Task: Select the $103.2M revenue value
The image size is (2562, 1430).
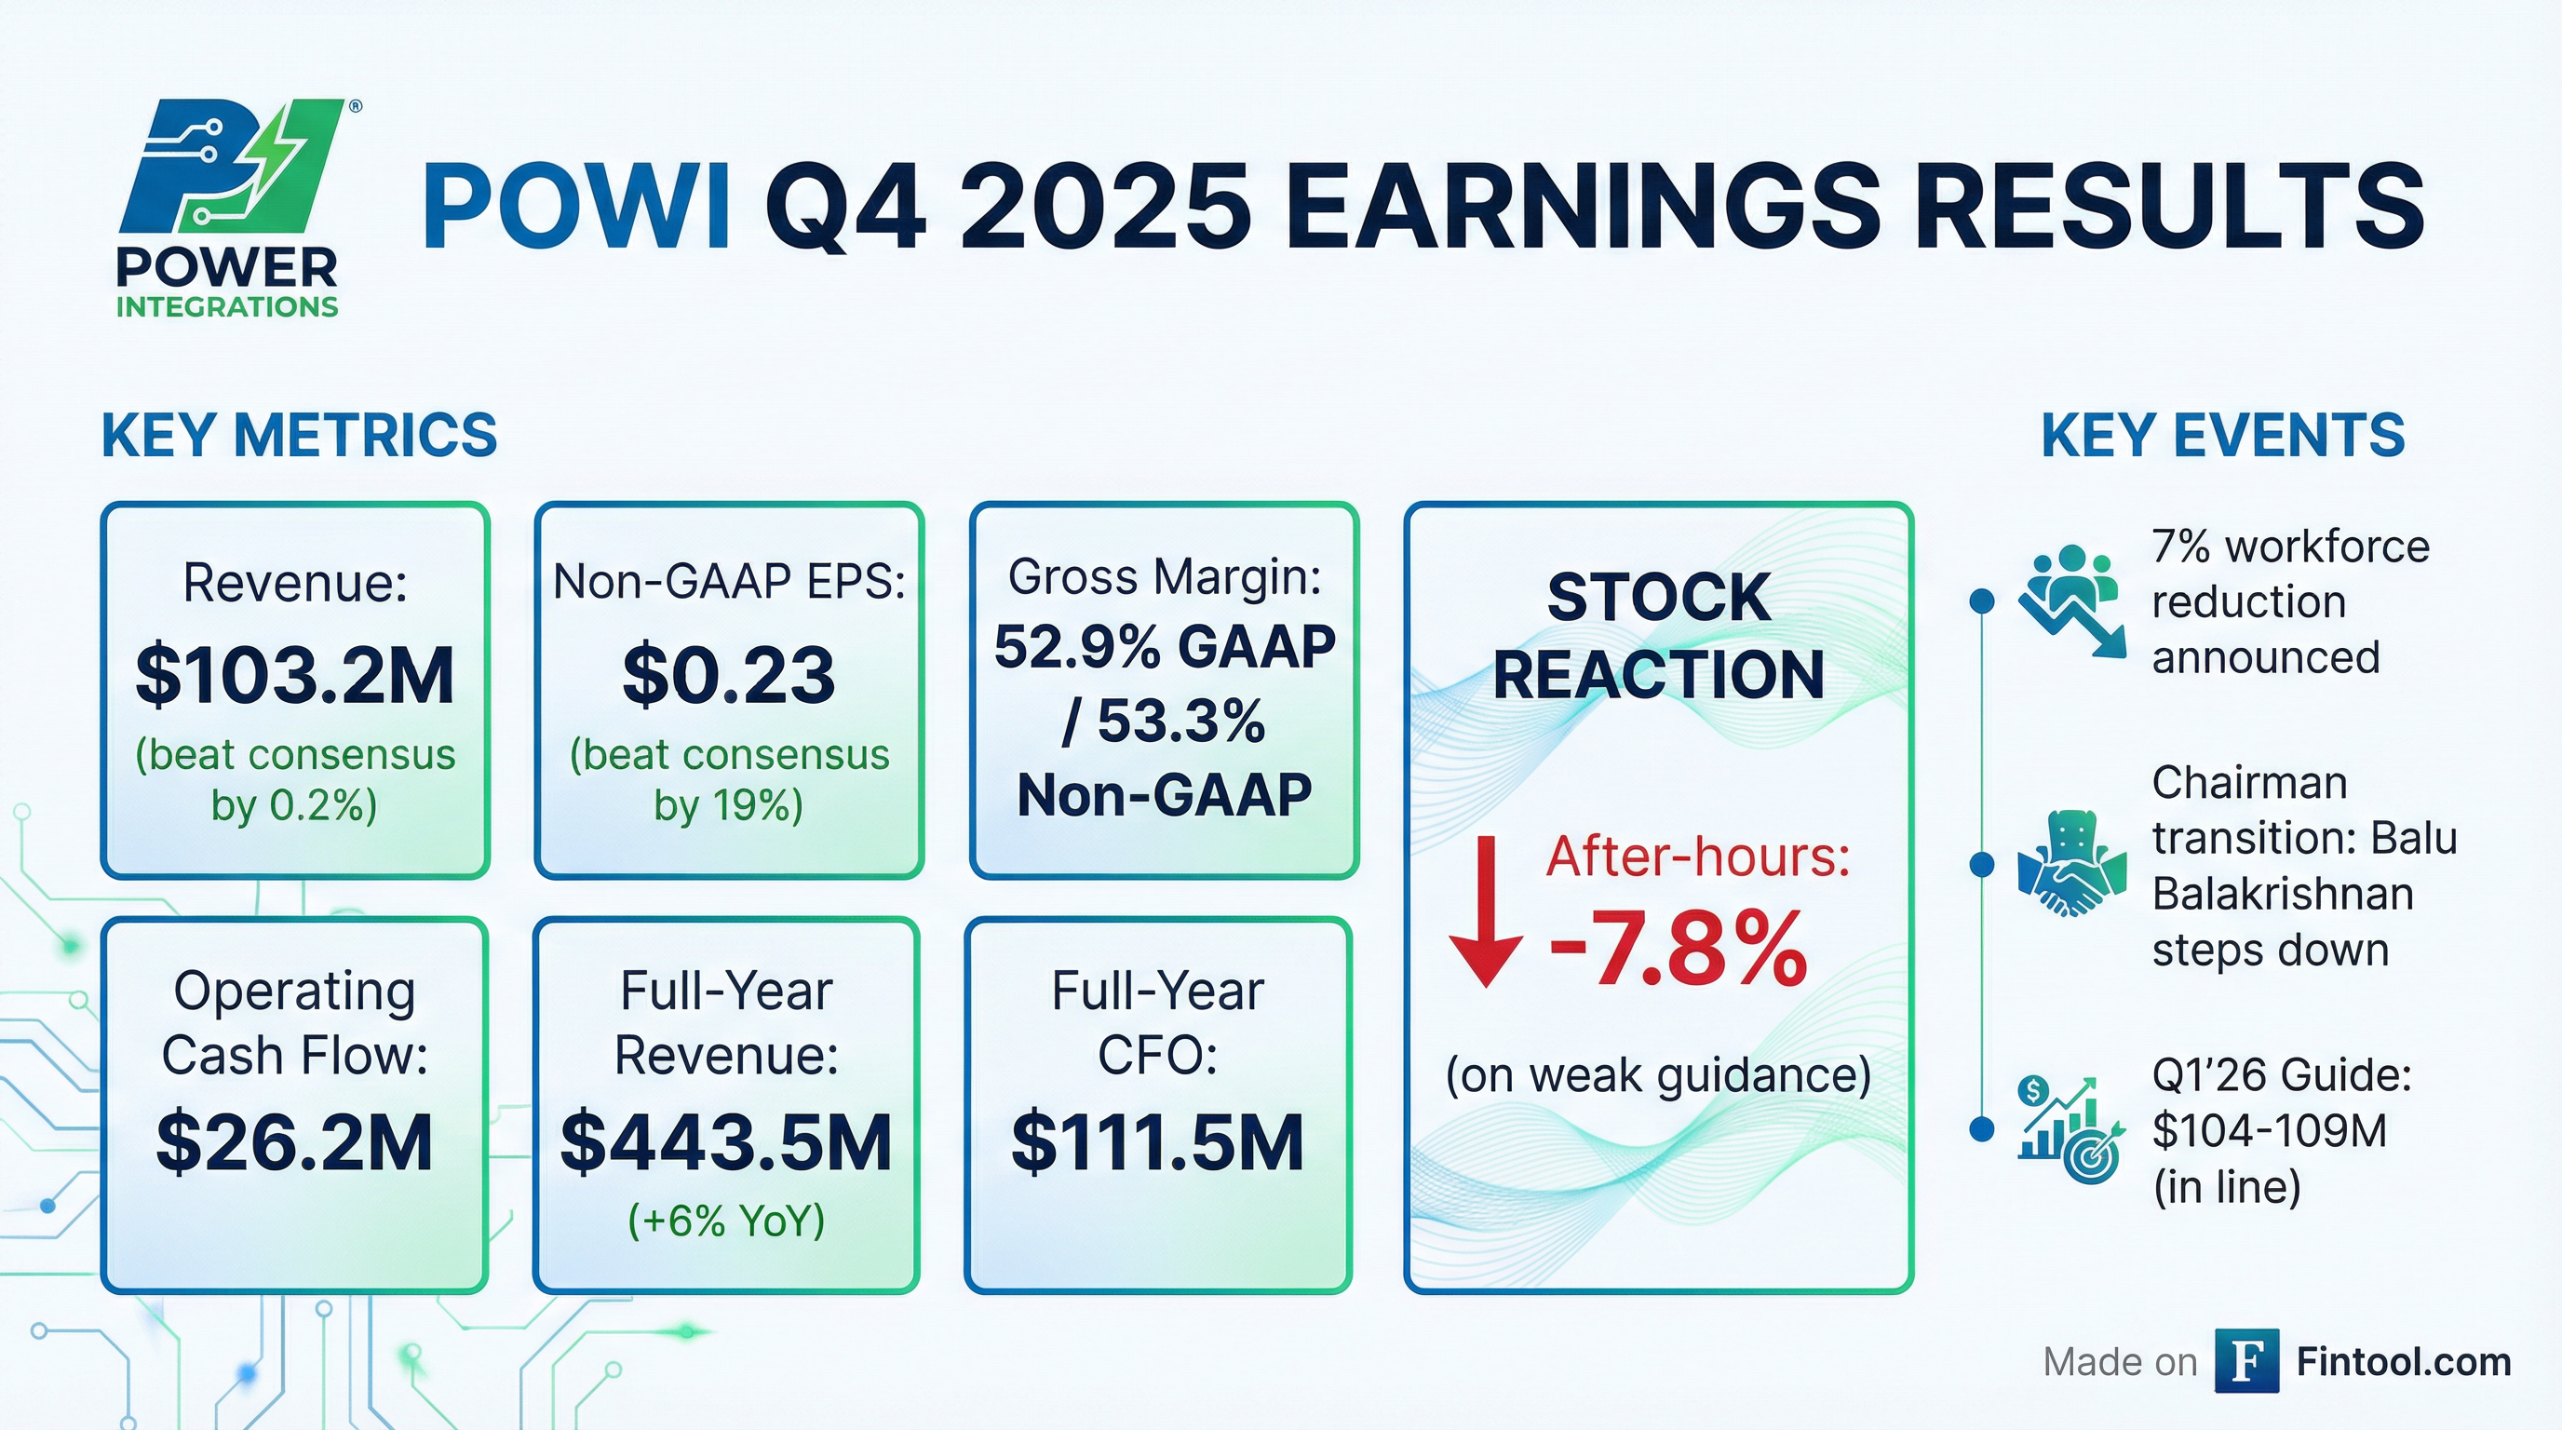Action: [x=295, y=675]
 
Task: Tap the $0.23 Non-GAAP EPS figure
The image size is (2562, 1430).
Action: [x=729, y=675]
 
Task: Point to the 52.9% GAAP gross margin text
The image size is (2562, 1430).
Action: [x=1164, y=647]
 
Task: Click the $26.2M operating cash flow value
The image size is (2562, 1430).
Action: [x=294, y=1142]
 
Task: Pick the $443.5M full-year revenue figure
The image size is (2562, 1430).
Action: [x=726, y=1142]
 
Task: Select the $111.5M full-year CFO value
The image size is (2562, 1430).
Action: [x=1158, y=1142]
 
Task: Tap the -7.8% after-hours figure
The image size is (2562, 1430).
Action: [x=1678, y=950]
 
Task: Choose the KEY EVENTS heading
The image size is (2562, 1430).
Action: [x=2223, y=436]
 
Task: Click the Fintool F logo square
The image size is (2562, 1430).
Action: [x=2246, y=1361]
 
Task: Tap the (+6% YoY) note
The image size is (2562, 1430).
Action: [x=726, y=1221]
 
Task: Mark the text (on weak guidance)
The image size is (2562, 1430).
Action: [x=1658, y=1075]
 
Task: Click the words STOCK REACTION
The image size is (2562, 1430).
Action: [x=1658, y=637]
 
